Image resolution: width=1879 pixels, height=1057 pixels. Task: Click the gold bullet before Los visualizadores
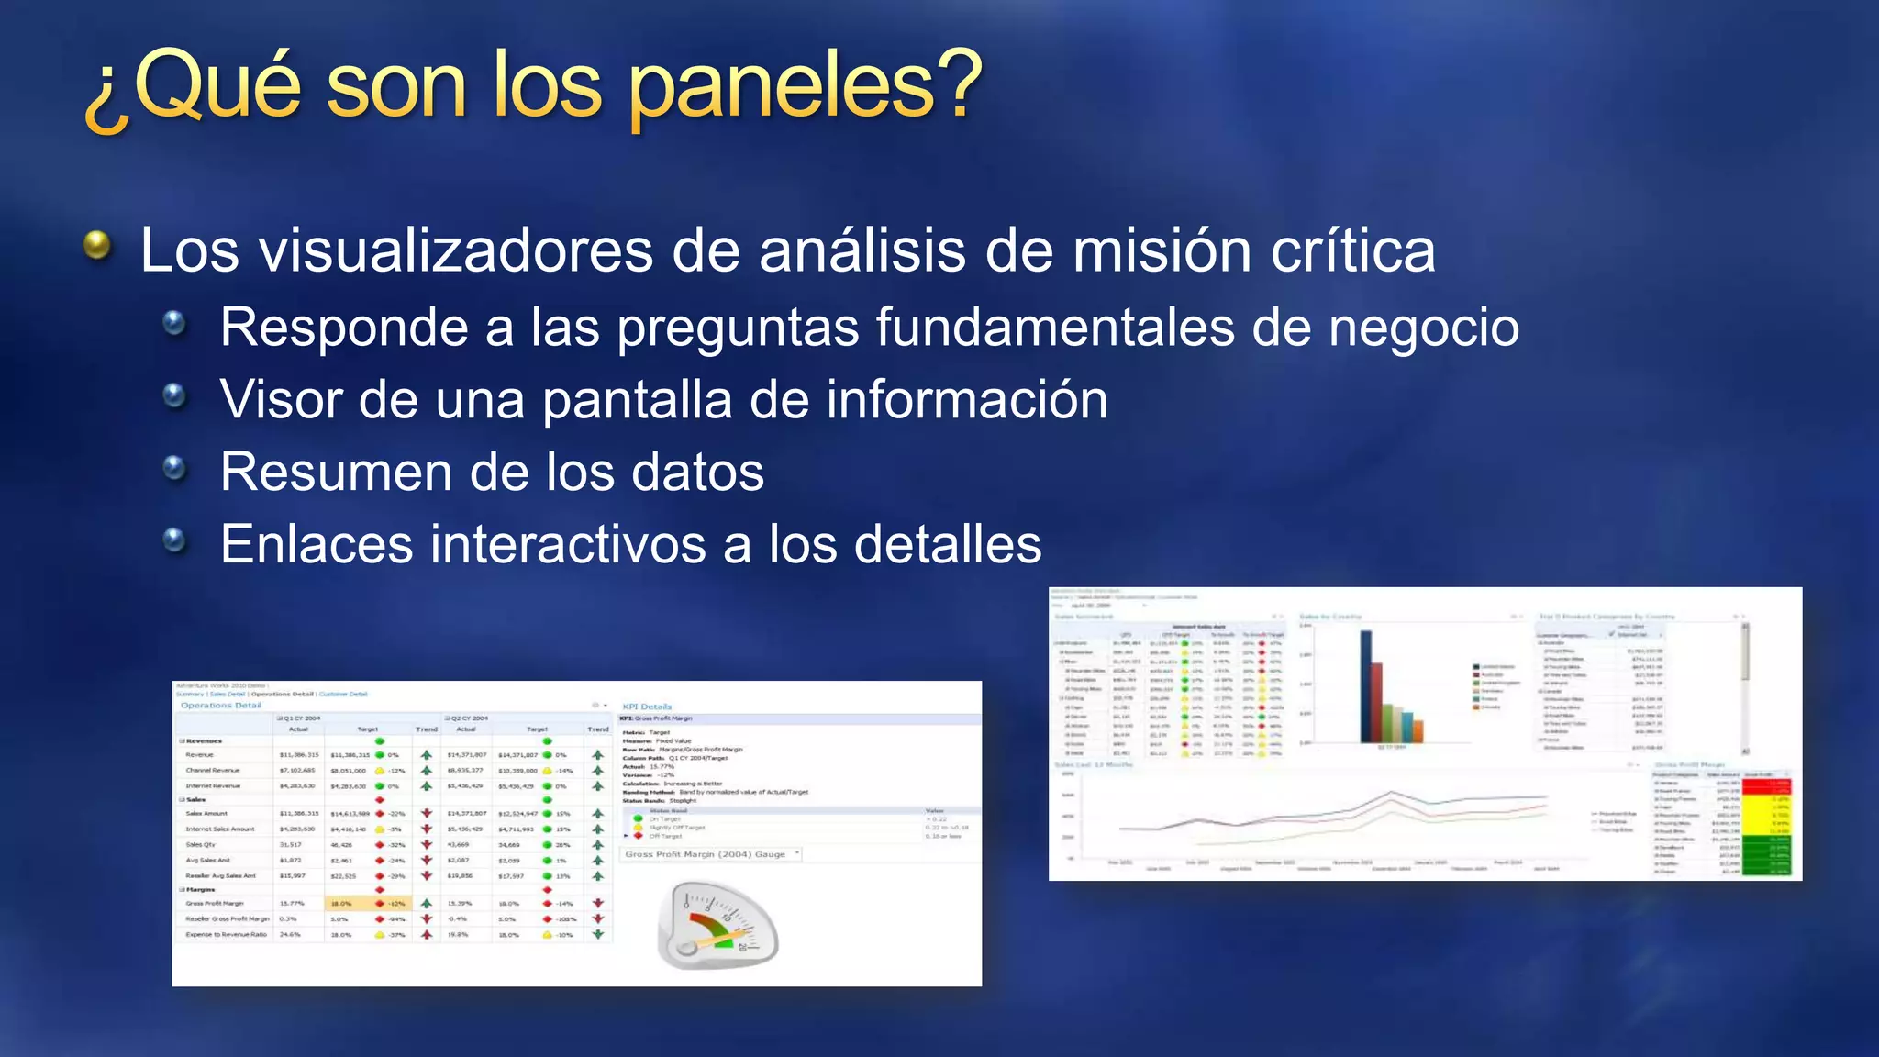click(x=96, y=245)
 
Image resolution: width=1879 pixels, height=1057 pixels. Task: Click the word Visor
click(x=280, y=400)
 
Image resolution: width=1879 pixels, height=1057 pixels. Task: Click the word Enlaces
click(x=316, y=544)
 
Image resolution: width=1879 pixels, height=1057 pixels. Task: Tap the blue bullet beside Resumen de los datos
click(x=174, y=469)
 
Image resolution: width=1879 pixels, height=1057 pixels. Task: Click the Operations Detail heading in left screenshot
click(x=220, y=706)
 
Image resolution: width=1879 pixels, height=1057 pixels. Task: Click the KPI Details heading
click(x=647, y=707)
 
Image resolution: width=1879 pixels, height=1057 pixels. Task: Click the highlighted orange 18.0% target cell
click(x=341, y=904)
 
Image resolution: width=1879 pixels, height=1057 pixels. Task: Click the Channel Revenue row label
click(x=212, y=771)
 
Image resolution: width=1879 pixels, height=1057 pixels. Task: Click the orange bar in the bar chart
click(x=1418, y=731)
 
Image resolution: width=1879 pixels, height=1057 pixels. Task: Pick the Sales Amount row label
click(x=206, y=814)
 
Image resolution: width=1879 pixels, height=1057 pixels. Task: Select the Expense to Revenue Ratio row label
click(x=226, y=935)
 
